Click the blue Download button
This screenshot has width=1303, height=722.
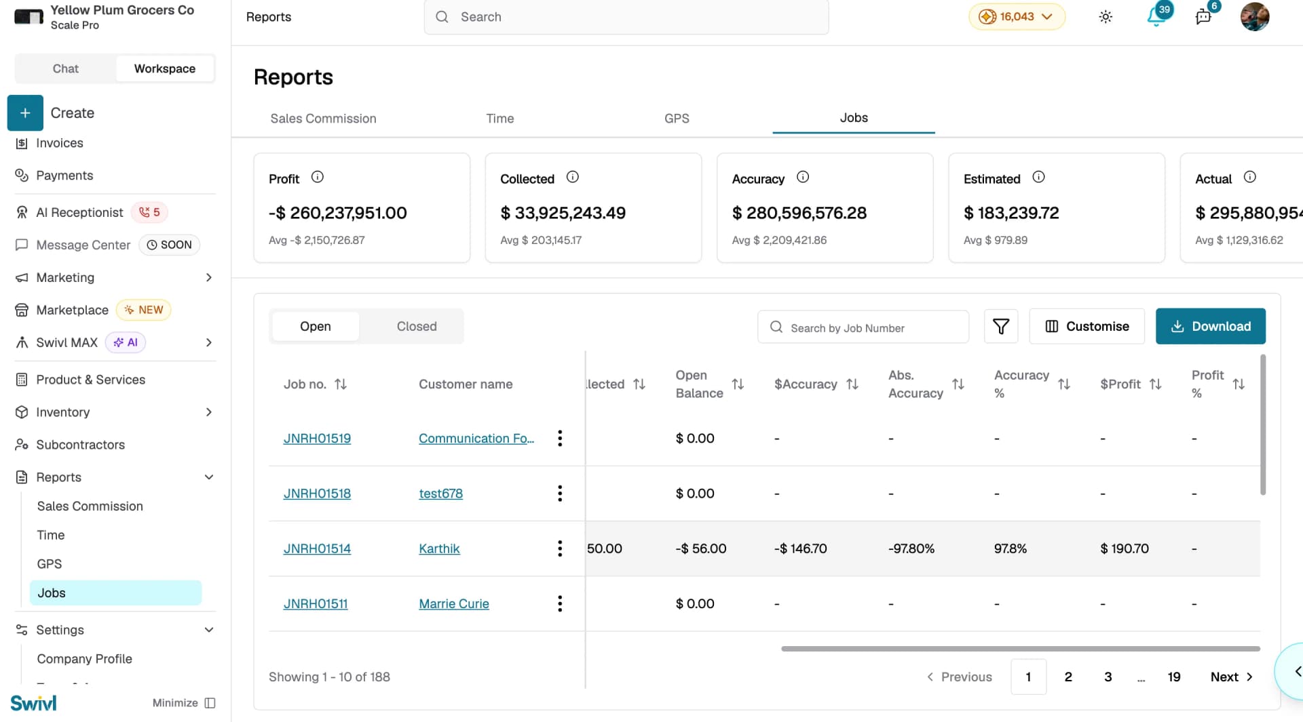pos(1210,326)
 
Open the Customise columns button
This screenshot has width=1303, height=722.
pos(1087,326)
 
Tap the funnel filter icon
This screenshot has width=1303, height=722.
pos(1001,326)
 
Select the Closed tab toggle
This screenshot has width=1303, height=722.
pos(417,326)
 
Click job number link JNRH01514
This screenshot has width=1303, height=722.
pos(317,548)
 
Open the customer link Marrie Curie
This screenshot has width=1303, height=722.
pos(454,603)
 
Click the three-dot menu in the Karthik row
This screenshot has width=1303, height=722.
pos(560,548)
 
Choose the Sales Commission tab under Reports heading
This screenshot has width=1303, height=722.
pos(323,119)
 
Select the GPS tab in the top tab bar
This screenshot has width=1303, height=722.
pos(677,119)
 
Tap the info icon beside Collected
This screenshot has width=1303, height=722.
pos(573,177)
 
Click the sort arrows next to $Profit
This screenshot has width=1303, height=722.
pos(1156,384)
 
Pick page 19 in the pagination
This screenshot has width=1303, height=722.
pos(1174,677)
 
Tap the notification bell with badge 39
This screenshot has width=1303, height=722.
pos(1156,16)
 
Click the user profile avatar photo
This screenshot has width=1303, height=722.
pos(1255,16)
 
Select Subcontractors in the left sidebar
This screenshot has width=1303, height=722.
pos(80,445)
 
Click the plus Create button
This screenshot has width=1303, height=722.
pos(25,113)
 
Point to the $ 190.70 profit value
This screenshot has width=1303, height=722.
pos(1125,548)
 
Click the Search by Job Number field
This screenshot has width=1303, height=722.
pos(863,327)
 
